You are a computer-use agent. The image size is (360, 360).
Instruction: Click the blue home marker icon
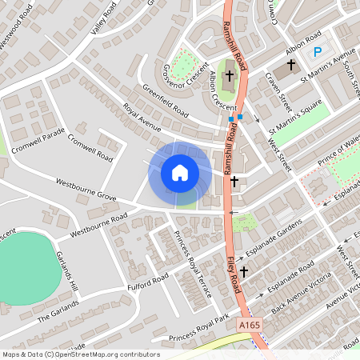(180, 172)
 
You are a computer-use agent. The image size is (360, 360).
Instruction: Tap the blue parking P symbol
(318, 52)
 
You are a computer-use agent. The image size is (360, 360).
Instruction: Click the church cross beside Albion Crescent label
(229, 77)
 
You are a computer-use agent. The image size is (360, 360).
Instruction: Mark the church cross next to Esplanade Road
(243, 272)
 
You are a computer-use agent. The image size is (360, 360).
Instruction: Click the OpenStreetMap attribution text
(80, 354)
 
